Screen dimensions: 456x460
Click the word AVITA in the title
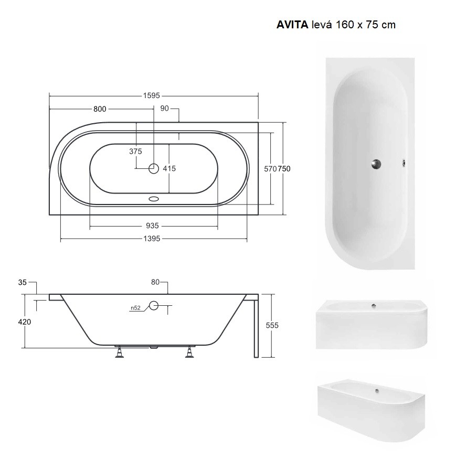pyautogui.click(x=292, y=25)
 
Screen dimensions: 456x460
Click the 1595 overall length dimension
pyautogui.click(x=152, y=95)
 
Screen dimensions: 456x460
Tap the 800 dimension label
pyautogui.click(x=100, y=109)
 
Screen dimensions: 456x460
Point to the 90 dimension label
pyautogui.click(x=165, y=109)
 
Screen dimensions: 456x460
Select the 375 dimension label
pyautogui.click(x=135, y=152)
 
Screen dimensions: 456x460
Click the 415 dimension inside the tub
pyautogui.click(x=169, y=168)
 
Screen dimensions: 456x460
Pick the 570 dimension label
pyautogui.click(x=270, y=169)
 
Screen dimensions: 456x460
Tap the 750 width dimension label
pyautogui.click(x=284, y=169)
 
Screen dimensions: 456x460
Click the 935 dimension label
pyautogui.click(x=152, y=226)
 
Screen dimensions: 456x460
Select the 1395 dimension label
pyautogui.click(x=152, y=239)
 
